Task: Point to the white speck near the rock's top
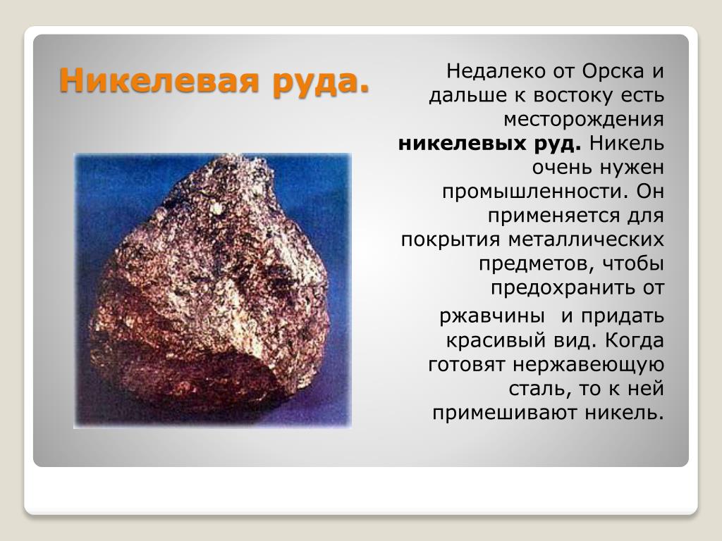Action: [216, 208]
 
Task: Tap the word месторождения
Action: [583, 120]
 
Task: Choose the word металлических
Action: [586, 240]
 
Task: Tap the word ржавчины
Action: [492, 316]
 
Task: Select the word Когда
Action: [634, 340]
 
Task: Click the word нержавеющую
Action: [588, 365]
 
